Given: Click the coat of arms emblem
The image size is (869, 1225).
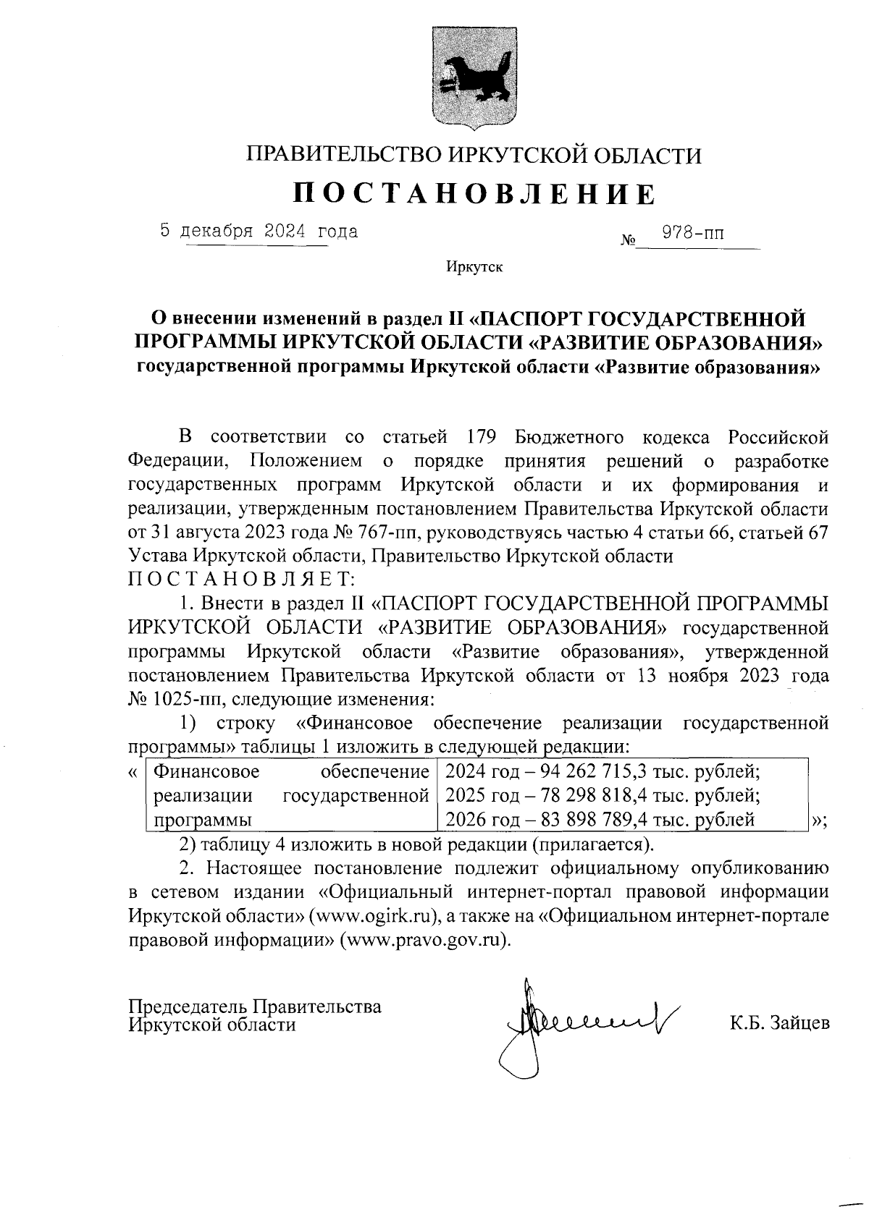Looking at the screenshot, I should [x=474, y=77].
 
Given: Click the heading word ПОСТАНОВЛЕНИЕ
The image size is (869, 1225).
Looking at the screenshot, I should [x=474, y=194].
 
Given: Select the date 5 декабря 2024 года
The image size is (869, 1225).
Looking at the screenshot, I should [x=259, y=232].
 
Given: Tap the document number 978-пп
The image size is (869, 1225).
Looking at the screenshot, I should [x=693, y=234].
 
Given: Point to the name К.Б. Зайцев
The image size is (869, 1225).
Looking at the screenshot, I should [x=779, y=1023].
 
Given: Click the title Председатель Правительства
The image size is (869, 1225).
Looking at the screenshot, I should [x=254, y=1006].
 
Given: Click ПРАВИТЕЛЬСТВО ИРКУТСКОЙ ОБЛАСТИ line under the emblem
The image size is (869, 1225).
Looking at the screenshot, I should [x=474, y=155].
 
